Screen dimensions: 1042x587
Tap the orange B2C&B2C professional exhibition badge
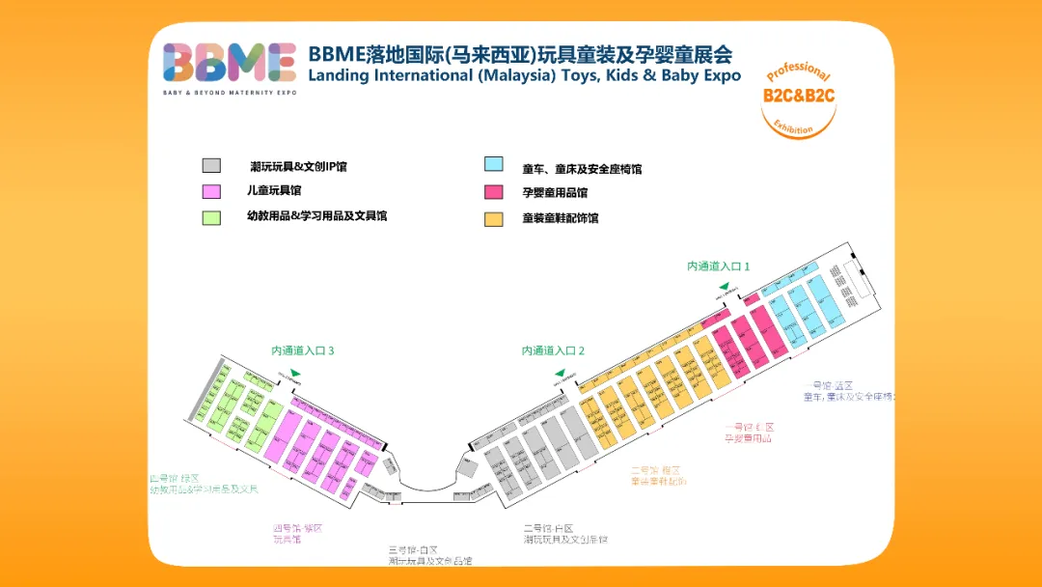tap(798, 98)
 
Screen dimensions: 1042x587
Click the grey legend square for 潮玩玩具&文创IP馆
tap(212, 166)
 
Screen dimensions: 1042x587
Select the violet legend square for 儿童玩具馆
tap(212, 191)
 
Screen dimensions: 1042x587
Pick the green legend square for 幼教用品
tap(212, 216)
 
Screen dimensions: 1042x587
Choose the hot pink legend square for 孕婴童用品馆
tap(494, 191)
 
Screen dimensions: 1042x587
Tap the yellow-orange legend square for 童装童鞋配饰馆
tap(494, 218)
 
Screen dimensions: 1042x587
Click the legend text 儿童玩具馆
tap(275, 191)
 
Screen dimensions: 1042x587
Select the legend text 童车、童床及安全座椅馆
tap(582, 169)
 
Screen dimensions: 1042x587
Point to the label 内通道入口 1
tap(719, 266)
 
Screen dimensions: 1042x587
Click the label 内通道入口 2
tap(554, 350)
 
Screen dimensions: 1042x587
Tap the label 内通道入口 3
tap(302, 350)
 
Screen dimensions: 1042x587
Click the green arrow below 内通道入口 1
tap(723, 286)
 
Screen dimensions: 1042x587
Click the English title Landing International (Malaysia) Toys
tap(524, 75)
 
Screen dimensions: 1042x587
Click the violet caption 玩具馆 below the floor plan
tap(287, 540)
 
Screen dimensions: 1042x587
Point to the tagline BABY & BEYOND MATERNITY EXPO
tap(230, 93)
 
